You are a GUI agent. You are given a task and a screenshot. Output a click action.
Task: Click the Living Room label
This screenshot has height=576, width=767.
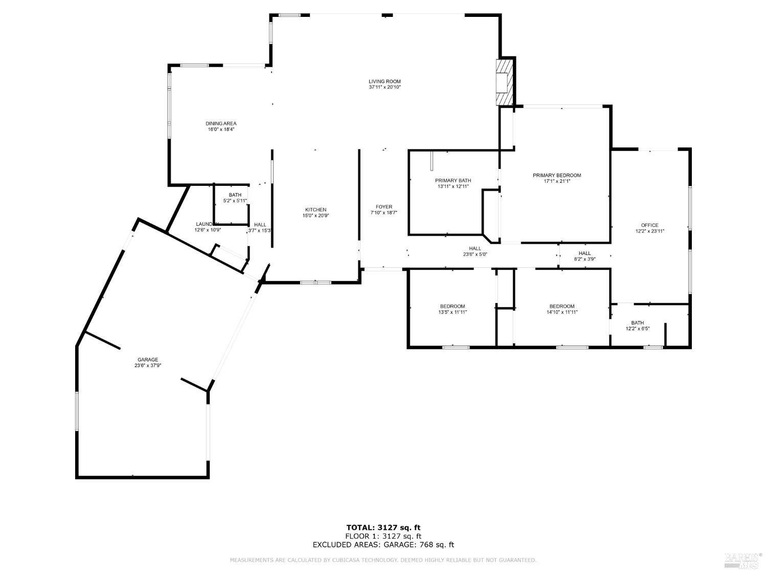[x=385, y=81]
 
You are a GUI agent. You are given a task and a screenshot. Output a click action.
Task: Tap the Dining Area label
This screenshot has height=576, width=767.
[x=221, y=123]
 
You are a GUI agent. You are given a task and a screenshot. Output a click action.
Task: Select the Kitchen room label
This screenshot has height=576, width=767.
[x=315, y=210]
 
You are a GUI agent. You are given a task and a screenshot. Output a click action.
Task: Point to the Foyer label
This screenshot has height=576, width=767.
[x=383, y=207]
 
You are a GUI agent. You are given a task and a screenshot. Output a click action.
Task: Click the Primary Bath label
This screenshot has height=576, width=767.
[x=453, y=180]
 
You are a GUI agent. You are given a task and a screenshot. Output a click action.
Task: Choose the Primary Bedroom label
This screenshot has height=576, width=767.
[x=557, y=175]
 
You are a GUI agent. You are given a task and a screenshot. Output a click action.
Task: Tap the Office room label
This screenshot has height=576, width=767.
[x=649, y=225]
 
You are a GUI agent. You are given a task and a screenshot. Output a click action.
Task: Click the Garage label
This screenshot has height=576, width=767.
[x=147, y=359]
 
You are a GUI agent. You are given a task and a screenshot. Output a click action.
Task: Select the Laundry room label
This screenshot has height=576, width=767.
[x=207, y=224]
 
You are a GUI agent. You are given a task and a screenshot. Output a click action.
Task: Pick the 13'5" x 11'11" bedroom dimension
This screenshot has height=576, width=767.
[x=453, y=312]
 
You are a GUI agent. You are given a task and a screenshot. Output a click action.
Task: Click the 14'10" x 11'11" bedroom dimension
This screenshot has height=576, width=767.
[x=562, y=312]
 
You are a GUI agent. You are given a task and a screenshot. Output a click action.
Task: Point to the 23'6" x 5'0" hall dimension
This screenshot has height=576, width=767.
[x=475, y=254]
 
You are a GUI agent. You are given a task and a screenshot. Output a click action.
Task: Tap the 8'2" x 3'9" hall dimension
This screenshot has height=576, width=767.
[x=584, y=259]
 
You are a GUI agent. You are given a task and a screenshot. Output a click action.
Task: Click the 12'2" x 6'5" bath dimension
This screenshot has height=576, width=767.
[x=637, y=329]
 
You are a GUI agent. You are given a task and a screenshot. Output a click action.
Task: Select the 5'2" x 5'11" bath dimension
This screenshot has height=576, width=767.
[x=235, y=201]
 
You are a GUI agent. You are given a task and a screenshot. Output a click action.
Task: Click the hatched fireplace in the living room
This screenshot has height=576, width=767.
[x=504, y=82]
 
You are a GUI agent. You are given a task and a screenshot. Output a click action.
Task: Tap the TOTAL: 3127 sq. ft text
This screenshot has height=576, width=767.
[x=383, y=527]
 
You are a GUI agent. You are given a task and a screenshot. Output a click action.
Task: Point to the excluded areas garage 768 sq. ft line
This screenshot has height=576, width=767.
[x=383, y=545]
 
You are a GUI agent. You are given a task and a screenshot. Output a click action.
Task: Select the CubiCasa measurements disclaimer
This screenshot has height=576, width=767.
[x=383, y=560]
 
